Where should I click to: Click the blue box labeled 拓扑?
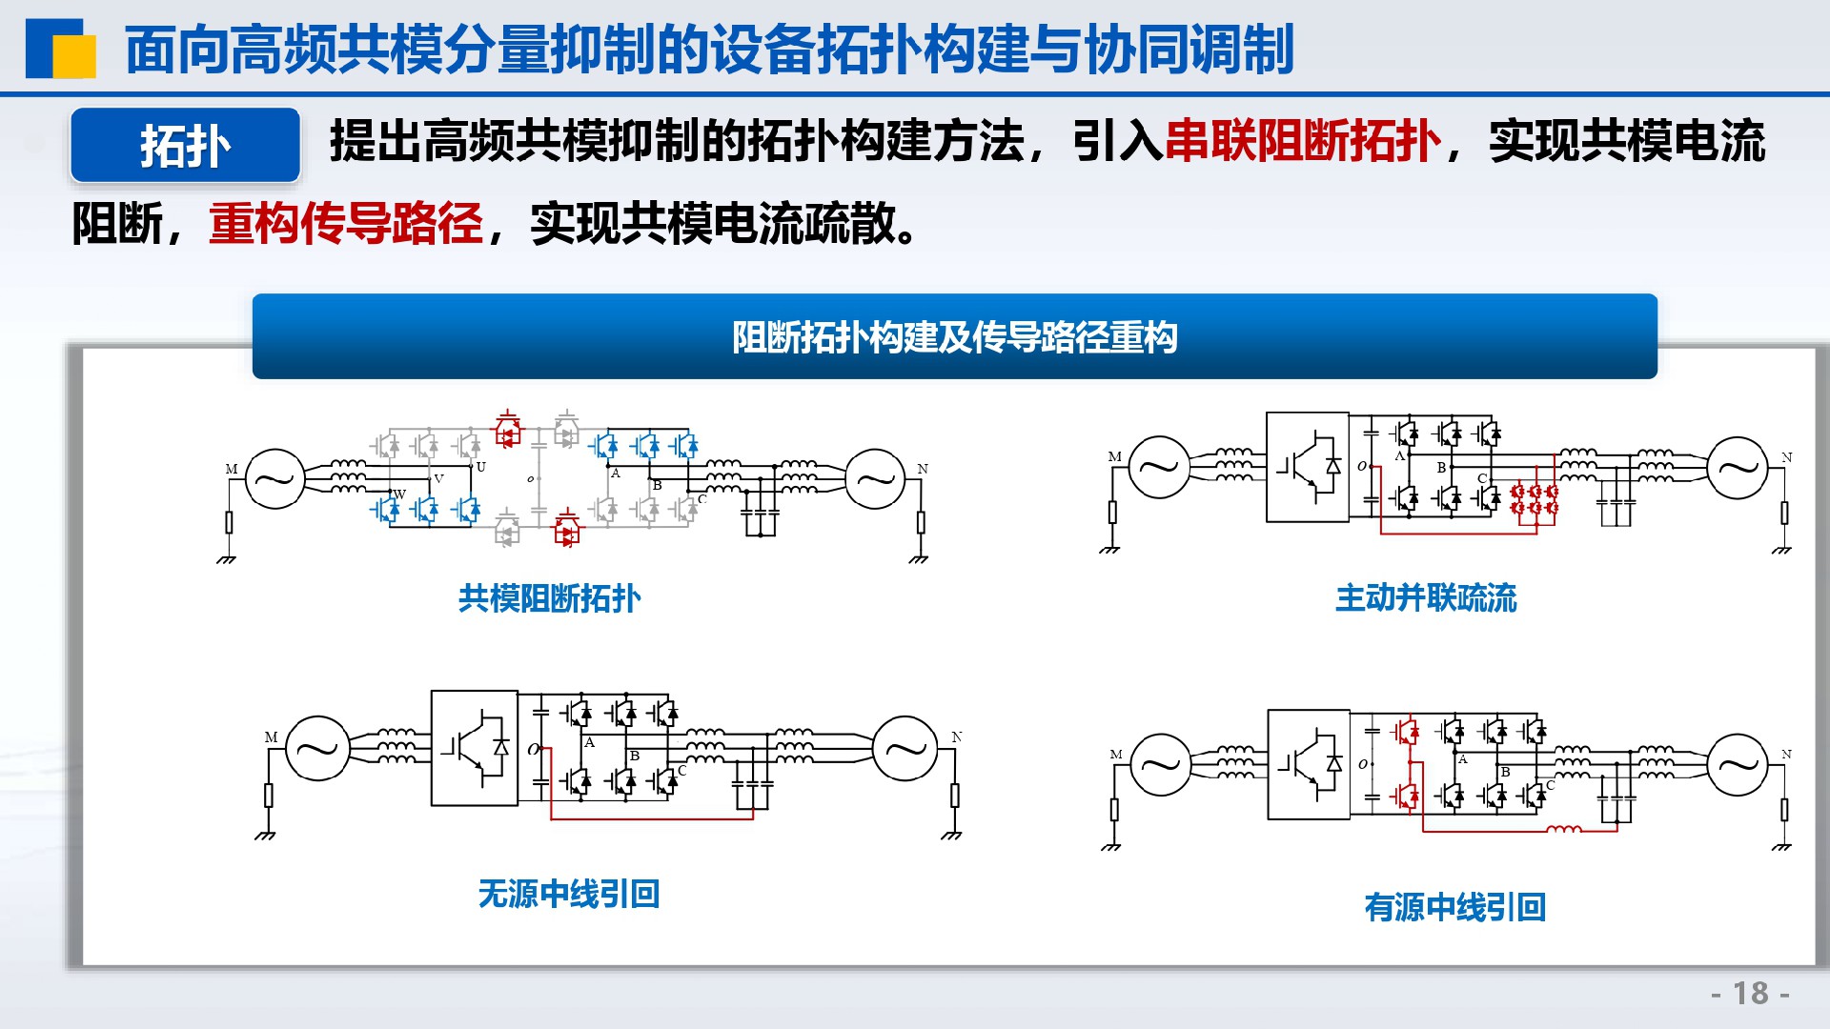(186, 145)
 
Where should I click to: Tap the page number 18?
(1751, 994)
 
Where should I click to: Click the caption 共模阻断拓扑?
(550, 598)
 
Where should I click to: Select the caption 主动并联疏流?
(1426, 598)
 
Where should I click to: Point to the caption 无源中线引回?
(569, 894)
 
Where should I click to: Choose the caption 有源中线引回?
(1455, 907)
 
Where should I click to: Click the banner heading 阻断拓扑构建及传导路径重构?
(955, 337)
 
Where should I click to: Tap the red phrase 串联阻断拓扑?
(1303, 142)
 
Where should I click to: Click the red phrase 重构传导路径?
(346, 224)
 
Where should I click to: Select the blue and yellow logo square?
(61, 49)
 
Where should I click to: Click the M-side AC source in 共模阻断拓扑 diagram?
(275, 478)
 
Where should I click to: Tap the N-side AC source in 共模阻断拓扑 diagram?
(875, 478)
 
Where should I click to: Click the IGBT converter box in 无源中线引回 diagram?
(475, 748)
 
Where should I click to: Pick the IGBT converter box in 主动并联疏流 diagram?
(1308, 467)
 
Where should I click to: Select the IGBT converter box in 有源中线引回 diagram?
(1309, 764)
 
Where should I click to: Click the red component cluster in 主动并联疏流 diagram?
(1535, 499)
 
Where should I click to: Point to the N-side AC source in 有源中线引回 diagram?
(1738, 763)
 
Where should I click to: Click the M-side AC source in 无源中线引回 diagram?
(317, 748)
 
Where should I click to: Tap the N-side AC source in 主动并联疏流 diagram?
(1738, 467)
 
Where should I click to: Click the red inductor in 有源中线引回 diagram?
(1563, 829)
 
